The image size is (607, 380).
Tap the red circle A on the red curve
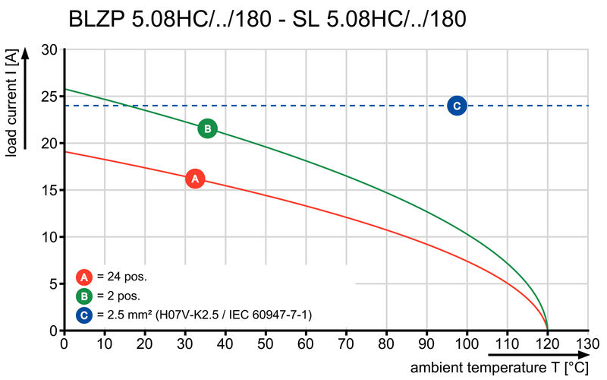click(195, 179)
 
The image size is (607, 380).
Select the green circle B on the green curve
click(207, 128)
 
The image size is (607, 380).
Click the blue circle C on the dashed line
click(456, 106)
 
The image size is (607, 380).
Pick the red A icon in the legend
click(85, 277)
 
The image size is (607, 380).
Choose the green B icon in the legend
click(85, 296)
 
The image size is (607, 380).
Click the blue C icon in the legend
click(85, 314)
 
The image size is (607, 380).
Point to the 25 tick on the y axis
click(48, 97)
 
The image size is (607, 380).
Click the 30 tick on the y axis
click(48, 49)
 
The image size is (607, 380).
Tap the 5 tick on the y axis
click(52, 284)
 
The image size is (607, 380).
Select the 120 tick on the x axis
click(547, 344)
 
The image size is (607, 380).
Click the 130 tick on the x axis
click(587, 344)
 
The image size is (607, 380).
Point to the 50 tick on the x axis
click(266, 344)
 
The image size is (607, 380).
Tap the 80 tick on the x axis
click(386, 344)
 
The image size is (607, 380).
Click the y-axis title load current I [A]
click(11, 103)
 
